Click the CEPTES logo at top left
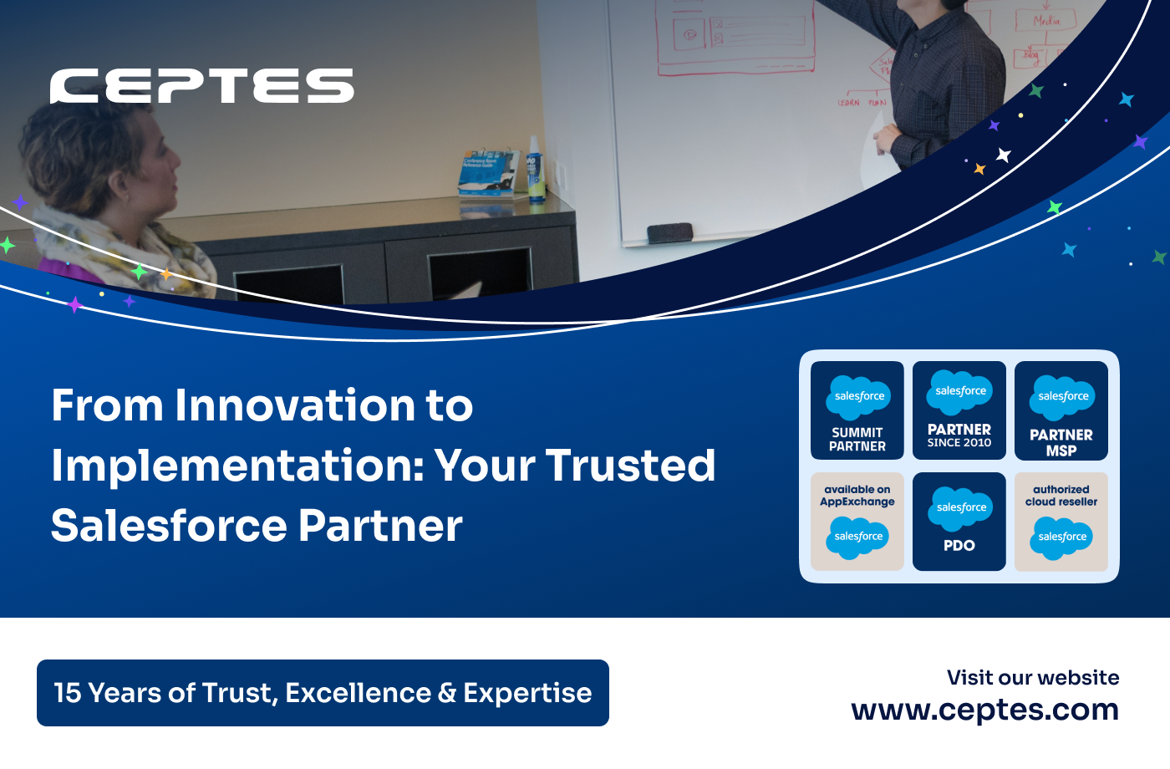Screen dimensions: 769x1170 (201, 86)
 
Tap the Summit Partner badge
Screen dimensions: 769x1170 (857, 410)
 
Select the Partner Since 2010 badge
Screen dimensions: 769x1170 (959, 410)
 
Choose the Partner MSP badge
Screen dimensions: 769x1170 (1061, 410)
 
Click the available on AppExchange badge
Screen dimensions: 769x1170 (857, 522)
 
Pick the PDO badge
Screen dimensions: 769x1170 (959, 522)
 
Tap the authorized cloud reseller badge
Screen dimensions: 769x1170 (1061, 522)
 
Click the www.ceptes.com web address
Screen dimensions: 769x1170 (984, 710)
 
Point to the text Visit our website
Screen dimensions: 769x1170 (1033, 678)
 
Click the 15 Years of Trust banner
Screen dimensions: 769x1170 (323, 693)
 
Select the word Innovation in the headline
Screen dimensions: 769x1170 (294, 405)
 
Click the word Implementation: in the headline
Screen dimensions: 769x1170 (237, 466)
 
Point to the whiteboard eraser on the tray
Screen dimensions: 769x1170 (669, 232)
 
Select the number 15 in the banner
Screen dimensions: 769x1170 (67, 693)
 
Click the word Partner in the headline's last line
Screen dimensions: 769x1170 (380, 526)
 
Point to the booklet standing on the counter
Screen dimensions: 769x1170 (489, 174)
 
